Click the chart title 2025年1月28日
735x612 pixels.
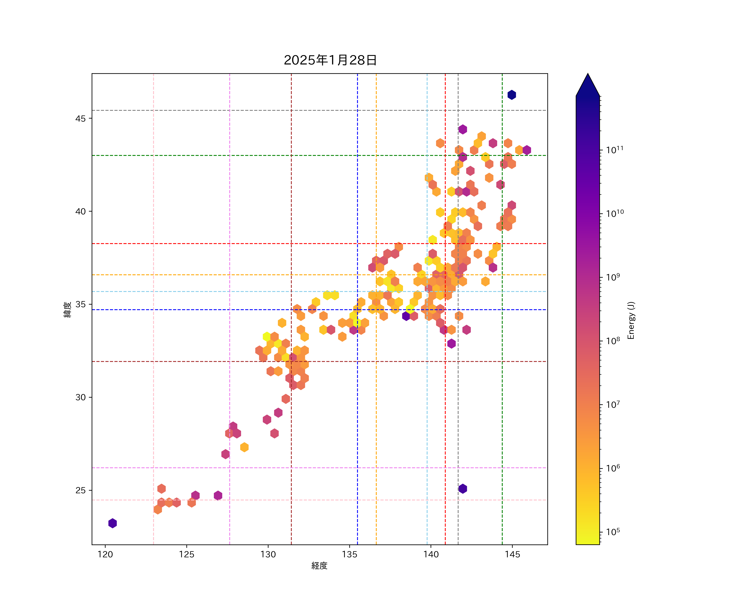click(330, 60)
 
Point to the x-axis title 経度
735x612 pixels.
click(319, 565)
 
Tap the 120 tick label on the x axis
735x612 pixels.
click(105, 554)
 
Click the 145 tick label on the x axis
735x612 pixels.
click(512, 554)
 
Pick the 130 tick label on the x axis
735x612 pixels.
click(268, 554)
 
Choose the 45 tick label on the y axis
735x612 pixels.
click(80, 119)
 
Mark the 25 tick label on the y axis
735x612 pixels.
click(80, 490)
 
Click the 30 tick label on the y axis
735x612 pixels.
click(80, 397)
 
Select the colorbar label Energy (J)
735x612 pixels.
click(631, 320)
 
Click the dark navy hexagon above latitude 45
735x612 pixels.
click(512, 95)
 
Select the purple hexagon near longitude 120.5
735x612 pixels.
click(112, 523)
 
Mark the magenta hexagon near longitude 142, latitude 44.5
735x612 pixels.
click(463, 129)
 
